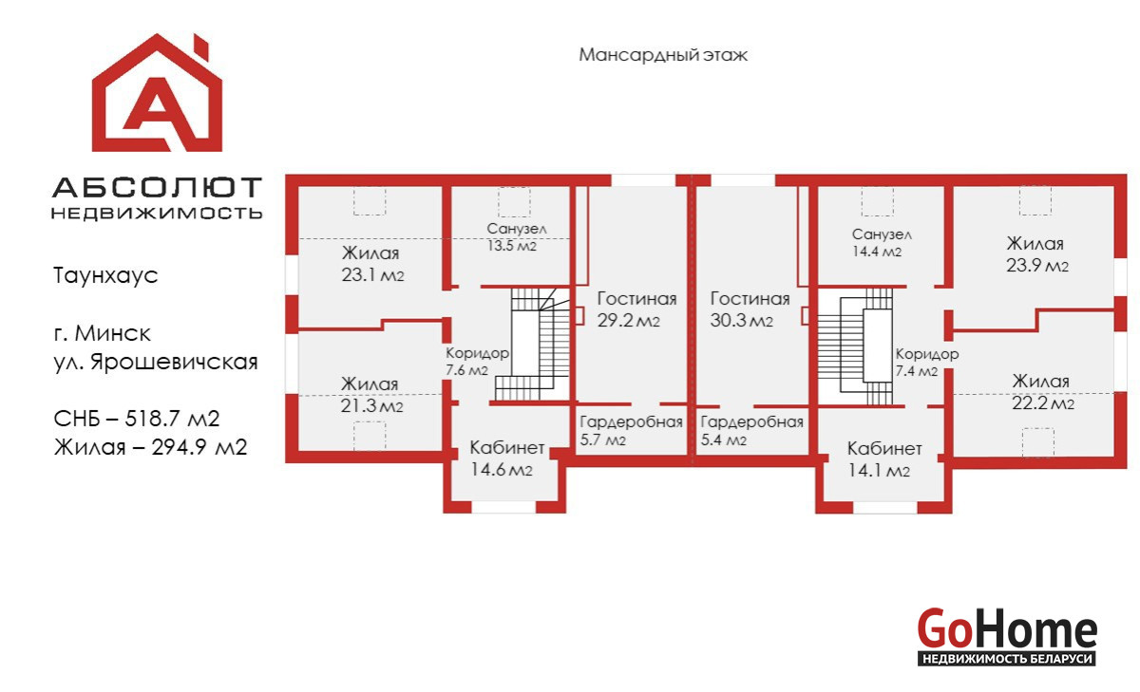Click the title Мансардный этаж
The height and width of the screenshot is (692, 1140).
click(x=663, y=55)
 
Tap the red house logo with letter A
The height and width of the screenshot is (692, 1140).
click(x=158, y=93)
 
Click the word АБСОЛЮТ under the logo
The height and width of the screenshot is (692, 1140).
click(x=158, y=188)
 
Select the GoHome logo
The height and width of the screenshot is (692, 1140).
click(x=1007, y=636)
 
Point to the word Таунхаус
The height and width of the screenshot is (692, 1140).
click(x=105, y=275)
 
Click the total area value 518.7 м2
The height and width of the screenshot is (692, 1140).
click(x=173, y=419)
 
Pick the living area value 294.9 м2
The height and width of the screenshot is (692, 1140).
click(x=199, y=447)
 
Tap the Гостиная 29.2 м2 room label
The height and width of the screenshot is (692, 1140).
click(x=636, y=309)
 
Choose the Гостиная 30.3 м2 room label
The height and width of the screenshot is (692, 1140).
click(x=750, y=309)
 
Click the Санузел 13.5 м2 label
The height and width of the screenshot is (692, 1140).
click(x=517, y=237)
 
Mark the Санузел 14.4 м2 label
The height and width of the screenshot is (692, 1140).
click(x=882, y=242)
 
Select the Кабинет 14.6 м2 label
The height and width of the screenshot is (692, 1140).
click(x=506, y=458)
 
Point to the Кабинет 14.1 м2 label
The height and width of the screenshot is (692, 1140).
click(x=884, y=459)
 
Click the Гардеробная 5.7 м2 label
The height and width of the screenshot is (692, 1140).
click(x=631, y=430)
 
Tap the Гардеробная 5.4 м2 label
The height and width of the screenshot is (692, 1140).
click(x=751, y=430)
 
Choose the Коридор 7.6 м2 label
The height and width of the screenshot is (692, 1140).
click(x=477, y=362)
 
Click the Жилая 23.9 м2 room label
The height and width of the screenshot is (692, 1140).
click(x=1036, y=254)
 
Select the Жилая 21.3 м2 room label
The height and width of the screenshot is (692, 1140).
click(x=371, y=395)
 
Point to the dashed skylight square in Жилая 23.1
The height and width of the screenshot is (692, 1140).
click(x=370, y=201)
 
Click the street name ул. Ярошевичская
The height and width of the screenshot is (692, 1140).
click(x=156, y=362)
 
